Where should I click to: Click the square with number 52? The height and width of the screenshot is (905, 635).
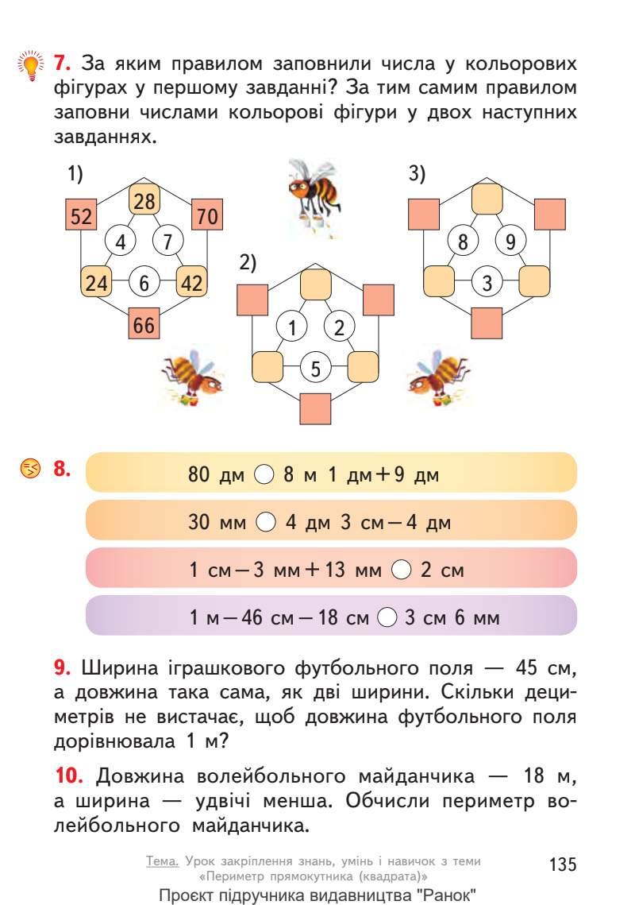[x=80, y=215]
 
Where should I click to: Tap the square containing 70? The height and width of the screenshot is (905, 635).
[x=208, y=215]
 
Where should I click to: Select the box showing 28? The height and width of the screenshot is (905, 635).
[x=144, y=201]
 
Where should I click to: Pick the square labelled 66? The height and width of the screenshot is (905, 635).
[x=144, y=324]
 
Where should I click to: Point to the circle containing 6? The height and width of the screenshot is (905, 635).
[x=144, y=282]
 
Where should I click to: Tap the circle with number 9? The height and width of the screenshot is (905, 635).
[x=510, y=240]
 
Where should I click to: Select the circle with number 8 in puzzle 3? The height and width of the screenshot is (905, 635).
[x=463, y=240]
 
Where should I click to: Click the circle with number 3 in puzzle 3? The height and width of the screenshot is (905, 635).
[x=487, y=281]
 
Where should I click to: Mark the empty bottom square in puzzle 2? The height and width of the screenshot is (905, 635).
[x=316, y=408]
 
